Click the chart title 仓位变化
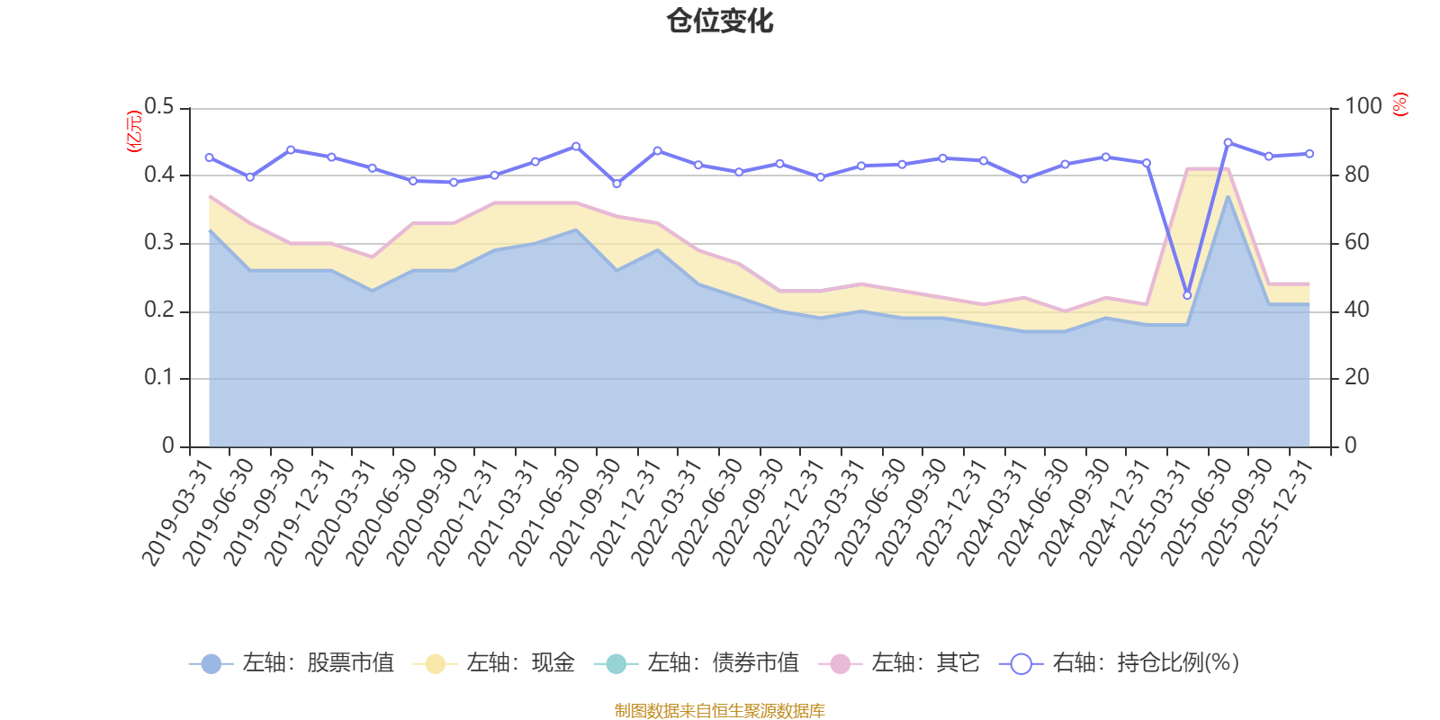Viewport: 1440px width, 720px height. coord(720,21)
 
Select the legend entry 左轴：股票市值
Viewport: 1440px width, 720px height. coord(292,663)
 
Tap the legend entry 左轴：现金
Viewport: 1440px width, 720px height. coord(494,663)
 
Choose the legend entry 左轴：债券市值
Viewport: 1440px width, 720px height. coord(697,663)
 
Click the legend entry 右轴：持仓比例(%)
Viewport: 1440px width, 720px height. coord(1120,663)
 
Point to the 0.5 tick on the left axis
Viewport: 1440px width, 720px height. coord(159,107)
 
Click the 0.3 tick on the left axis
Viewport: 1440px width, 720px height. coord(159,243)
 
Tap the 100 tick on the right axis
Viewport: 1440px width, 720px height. coord(1363,107)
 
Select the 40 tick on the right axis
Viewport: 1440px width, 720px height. coord(1357,310)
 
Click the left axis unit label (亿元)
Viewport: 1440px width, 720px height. coord(134,131)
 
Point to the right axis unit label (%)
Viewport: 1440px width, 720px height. coord(1399,104)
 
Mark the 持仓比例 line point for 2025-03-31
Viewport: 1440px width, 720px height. coord(1187,295)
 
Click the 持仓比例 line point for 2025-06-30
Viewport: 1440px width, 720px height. coord(1228,142)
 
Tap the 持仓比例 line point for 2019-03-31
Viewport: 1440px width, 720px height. coord(209,157)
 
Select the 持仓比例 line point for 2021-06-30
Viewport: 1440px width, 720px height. coord(576,146)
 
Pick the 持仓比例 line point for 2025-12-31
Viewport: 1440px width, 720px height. coord(1309,154)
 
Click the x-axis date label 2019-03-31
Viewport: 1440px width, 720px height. coord(177,513)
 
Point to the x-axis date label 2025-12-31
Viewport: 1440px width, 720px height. coord(1278,513)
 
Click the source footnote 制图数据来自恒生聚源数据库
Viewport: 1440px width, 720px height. coord(720,711)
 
